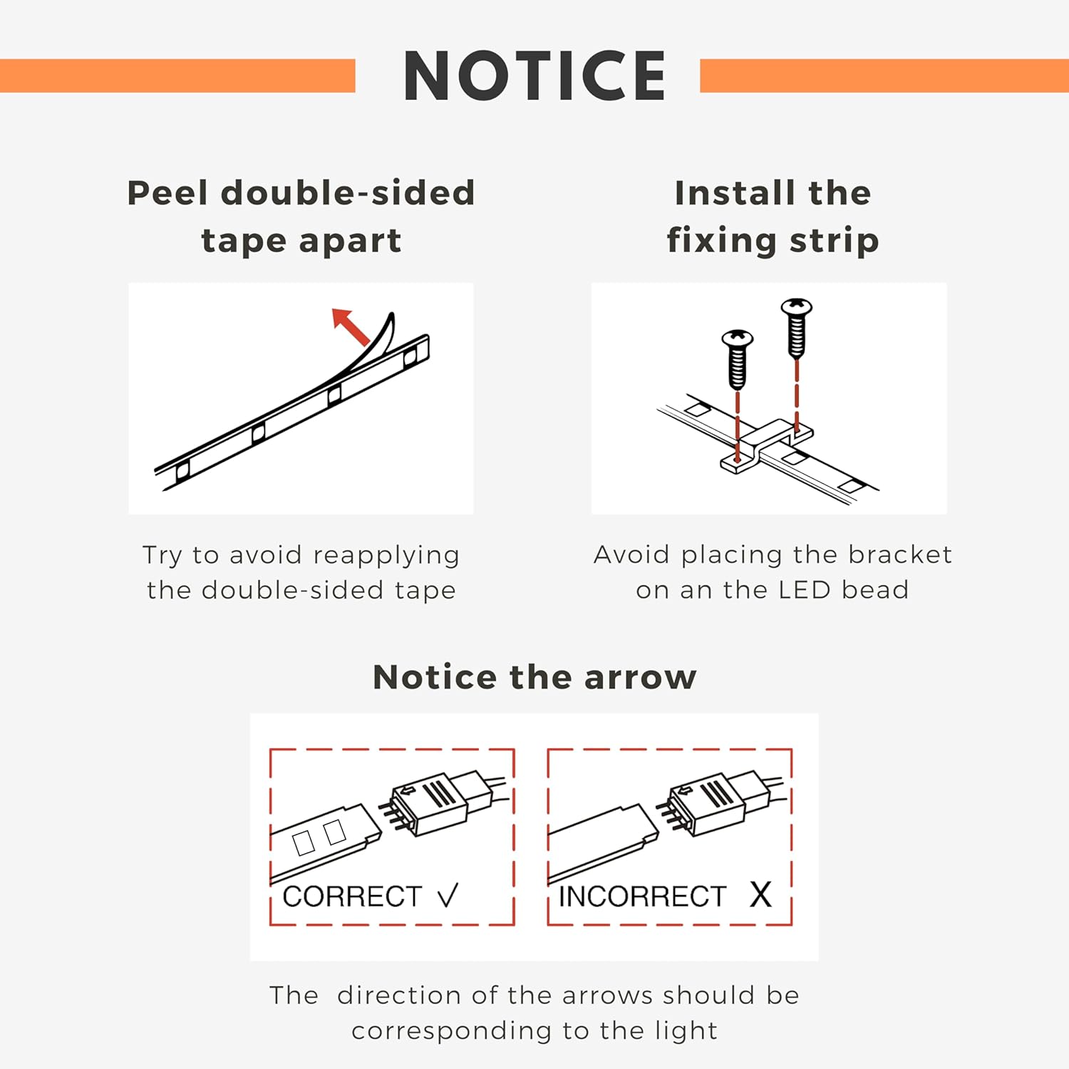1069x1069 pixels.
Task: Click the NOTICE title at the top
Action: tap(534, 76)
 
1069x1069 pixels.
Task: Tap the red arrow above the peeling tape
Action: tap(351, 327)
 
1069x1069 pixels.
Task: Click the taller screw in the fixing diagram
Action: tap(797, 329)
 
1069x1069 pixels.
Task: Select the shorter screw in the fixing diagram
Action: tap(738, 359)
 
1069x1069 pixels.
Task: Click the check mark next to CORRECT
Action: tap(448, 896)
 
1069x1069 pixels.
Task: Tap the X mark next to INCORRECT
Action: tap(760, 894)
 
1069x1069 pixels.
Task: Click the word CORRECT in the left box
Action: tap(352, 897)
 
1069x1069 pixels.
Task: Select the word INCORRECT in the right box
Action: tap(642, 897)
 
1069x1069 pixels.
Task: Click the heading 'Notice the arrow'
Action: tap(534, 677)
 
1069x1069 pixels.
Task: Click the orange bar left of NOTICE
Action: tap(177, 76)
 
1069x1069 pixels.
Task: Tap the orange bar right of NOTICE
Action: tap(884, 76)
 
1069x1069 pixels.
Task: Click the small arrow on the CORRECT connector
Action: tap(408, 790)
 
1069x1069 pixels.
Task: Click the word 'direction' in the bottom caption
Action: tap(399, 995)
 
